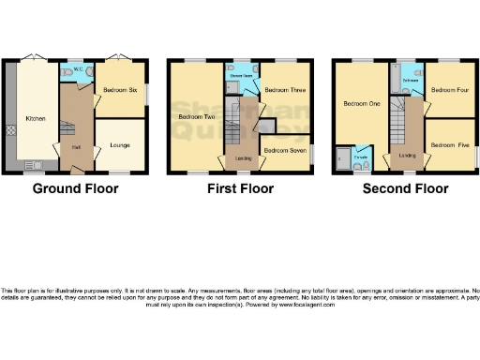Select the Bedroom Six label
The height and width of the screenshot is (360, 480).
[x=120, y=90]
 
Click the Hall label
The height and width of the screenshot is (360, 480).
[x=73, y=146]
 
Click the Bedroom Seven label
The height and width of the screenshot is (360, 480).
[x=284, y=149]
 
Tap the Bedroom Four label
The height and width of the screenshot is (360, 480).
[x=450, y=91]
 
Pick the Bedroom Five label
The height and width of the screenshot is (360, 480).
[x=450, y=146]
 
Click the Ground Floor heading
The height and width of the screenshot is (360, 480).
[x=75, y=188]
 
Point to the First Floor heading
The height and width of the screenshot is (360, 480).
[x=240, y=188]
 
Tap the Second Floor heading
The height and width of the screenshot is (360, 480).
[x=405, y=188]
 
